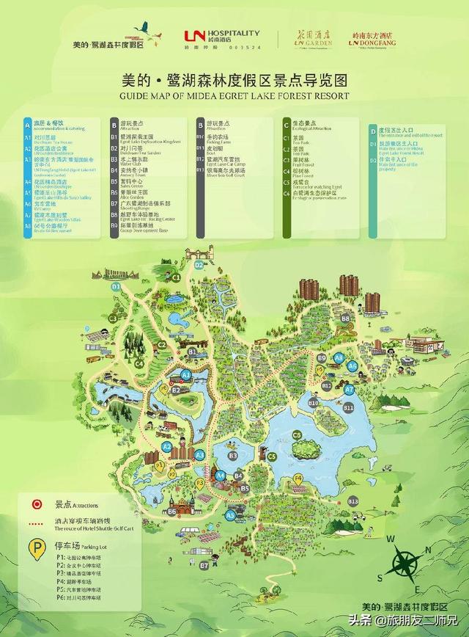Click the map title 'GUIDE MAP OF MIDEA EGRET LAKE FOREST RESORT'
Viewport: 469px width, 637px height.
pyautogui.click(x=234, y=95)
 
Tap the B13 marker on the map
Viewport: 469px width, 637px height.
pyautogui.click(x=353, y=500)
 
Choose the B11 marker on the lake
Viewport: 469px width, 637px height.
pyautogui.click(x=349, y=407)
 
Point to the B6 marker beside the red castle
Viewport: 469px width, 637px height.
pyautogui.click(x=172, y=511)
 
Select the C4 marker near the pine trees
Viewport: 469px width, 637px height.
pyautogui.click(x=139, y=363)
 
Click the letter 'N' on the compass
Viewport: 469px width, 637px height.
pyautogui.click(x=388, y=542)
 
